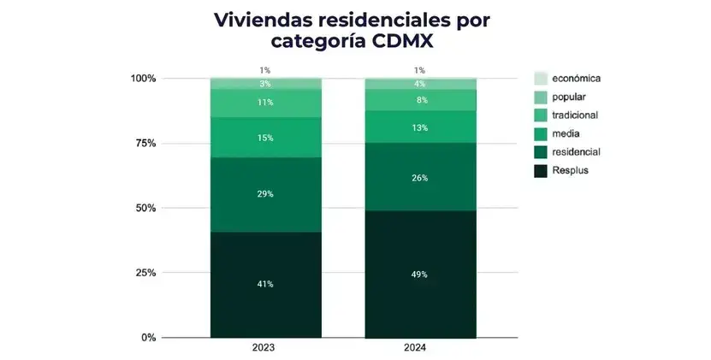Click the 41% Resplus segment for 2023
[265, 284]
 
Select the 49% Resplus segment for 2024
[419, 274]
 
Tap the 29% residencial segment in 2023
[265, 194]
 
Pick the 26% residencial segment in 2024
[419, 178]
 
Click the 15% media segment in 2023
[265, 138]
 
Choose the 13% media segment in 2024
[419, 127]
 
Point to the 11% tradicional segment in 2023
[265, 103]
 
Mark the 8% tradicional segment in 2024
[419, 100]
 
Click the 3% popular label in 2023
[265, 84]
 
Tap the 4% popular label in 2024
[419, 84]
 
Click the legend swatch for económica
[541, 78]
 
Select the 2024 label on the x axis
[419, 349]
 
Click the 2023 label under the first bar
[265, 349]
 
